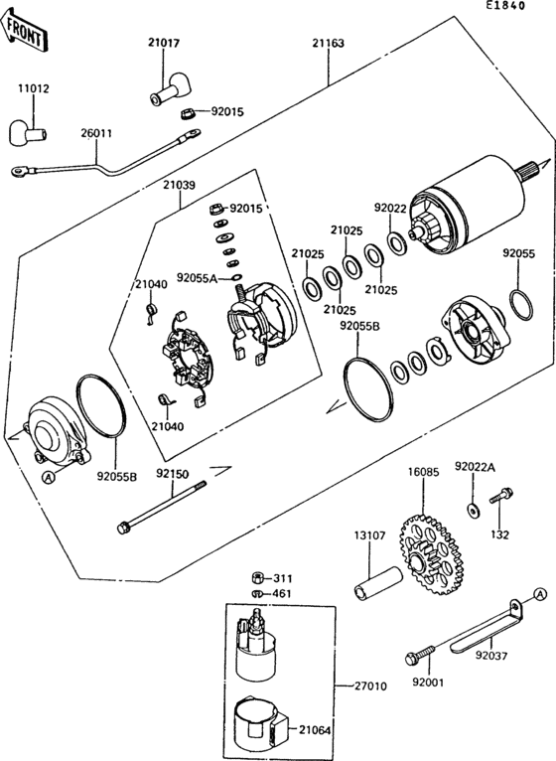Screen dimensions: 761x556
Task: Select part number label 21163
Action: click(x=328, y=44)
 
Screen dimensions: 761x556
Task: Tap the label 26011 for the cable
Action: click(x=96, y=132)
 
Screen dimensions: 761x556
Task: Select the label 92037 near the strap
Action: click(x=490, y=656)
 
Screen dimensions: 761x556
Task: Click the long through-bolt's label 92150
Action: click(x=171, y=474)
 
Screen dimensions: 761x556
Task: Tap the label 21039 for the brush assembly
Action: click(x=180, y=185)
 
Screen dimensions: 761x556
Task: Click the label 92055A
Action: click(x=198, y=278)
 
